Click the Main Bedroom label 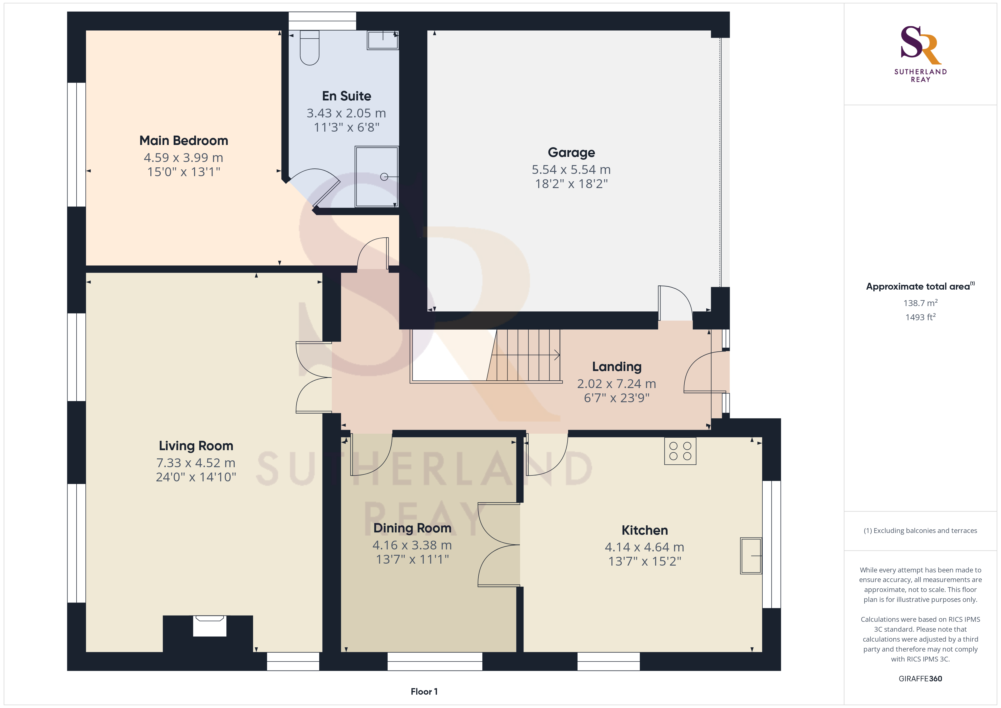[x=184, y=140]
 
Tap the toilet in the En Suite [x=310, y=48]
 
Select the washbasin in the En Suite [x=383, y=40]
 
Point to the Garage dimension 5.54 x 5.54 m [x=571, y=170]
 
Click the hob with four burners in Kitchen [x=680, y=451]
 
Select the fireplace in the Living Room [x=209, y=626]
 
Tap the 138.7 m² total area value [x=920, y=303]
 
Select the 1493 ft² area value [x=920, y=317]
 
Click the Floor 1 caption [x=424, y=692]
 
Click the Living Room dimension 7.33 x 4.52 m [x=196, y=463]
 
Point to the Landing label [x=617, y=367]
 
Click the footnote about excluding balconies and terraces [x=920, y=530]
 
